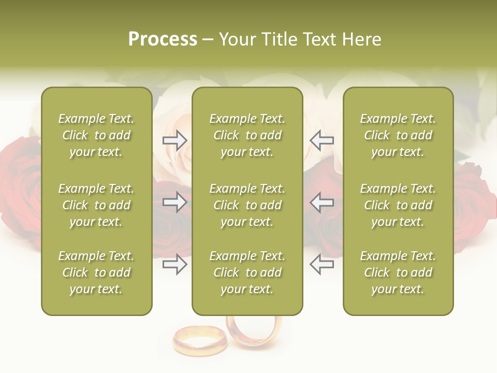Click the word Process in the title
[163, 39]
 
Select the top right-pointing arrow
[174, 140]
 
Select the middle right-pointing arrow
[174, 202]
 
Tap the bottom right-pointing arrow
[174, 264]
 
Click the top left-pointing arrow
[321, 140]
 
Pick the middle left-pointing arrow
[321, 202]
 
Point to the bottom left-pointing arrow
[321, 264]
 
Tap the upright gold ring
[254, 332]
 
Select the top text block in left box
[96, 135]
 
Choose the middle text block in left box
[96, 205]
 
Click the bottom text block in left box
[96, 272]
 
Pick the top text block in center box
[247, 135]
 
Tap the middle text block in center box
[247, 205]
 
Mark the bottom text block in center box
[247, 272]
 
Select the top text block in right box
[398, 135]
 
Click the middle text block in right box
[398, 205]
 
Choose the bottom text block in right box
[398, 272]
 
